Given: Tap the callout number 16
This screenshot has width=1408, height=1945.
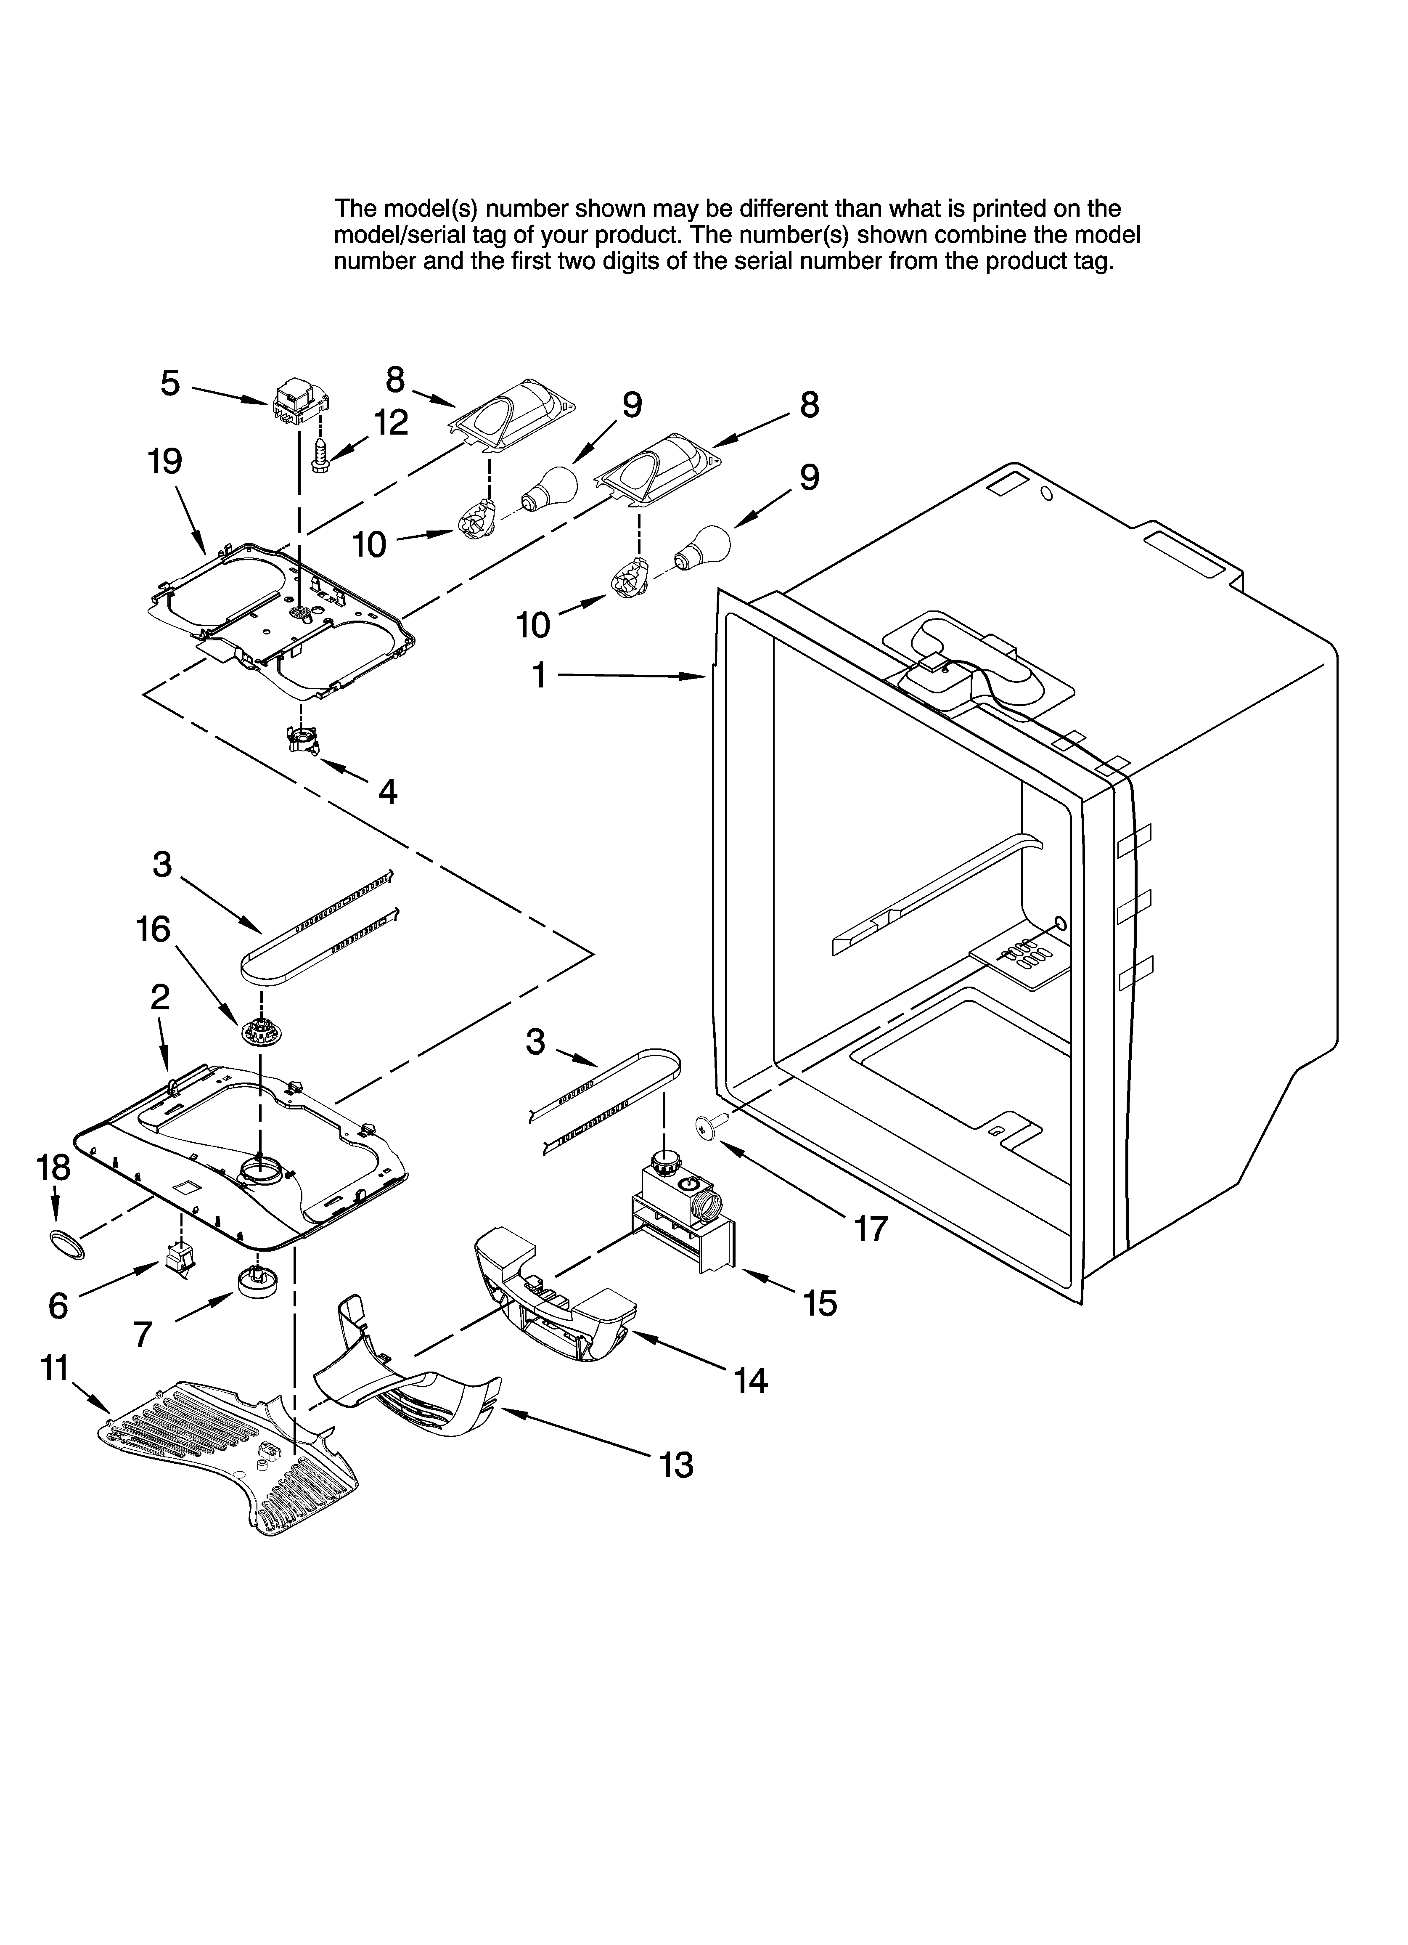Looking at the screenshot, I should point(154,930).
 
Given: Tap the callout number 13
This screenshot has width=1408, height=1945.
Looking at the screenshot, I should point(677,1466).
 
